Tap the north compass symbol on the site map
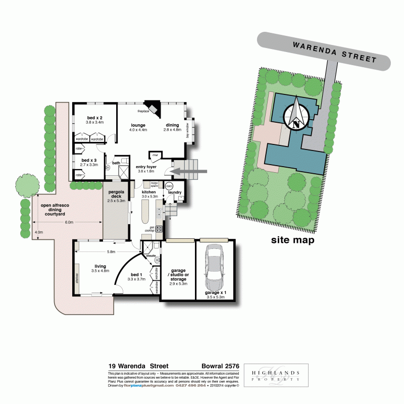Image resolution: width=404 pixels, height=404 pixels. [x=296, y=115]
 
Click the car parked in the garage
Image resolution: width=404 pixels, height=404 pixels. [x=215, y=265]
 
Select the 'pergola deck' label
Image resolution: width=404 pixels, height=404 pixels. [x=116, y=194]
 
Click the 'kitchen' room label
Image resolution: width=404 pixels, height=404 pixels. [x=149, y=192]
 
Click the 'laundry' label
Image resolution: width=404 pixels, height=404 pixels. [x=175, y=192]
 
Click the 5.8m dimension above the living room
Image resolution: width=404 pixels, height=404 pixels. [x=111, y=251]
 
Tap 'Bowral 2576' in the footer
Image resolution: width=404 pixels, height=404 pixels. [x=219, y=366]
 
